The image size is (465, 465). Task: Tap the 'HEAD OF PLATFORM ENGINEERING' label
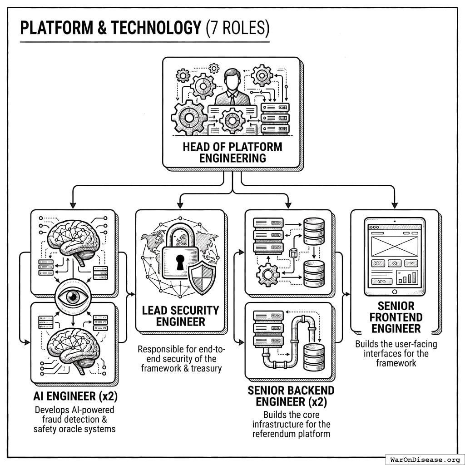tap(232, 153)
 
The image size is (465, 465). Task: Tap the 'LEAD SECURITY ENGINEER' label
tap(180, 316)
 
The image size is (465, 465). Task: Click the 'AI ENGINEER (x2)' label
tap(76, 396)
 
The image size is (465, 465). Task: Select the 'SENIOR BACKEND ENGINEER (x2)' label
tap(291, 396)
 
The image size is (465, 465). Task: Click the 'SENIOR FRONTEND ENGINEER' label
tap(396, 317)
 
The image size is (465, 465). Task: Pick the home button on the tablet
tap(395, 292)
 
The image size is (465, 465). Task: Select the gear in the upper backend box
tap(267, 274)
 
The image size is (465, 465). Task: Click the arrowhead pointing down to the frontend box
tap(395, 204)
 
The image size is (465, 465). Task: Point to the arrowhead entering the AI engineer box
tap(72, 204)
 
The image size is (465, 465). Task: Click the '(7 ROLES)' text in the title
tap(237, 28)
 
